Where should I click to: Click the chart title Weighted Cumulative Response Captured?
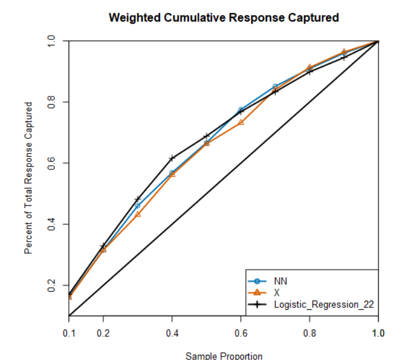[224, 18]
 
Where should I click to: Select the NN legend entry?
[281, 281]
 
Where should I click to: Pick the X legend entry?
[277, 292]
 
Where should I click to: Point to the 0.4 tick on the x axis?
[172, 333]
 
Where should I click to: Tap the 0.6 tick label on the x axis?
[241, 333]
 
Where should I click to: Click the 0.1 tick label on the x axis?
[69, 333]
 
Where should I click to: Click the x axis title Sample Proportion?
[224, 356]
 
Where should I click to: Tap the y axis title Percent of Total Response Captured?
[28, 178]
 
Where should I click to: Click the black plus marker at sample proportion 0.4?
[172, 158]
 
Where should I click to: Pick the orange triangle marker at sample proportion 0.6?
[241, 123]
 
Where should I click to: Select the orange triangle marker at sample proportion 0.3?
[137, 214]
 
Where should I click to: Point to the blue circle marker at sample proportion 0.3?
[137, 206]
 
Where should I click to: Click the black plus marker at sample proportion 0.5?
[206, 136]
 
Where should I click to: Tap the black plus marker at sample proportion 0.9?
[344, 57]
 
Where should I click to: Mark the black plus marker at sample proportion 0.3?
[137, 199]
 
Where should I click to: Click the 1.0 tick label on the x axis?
[378, 333]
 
